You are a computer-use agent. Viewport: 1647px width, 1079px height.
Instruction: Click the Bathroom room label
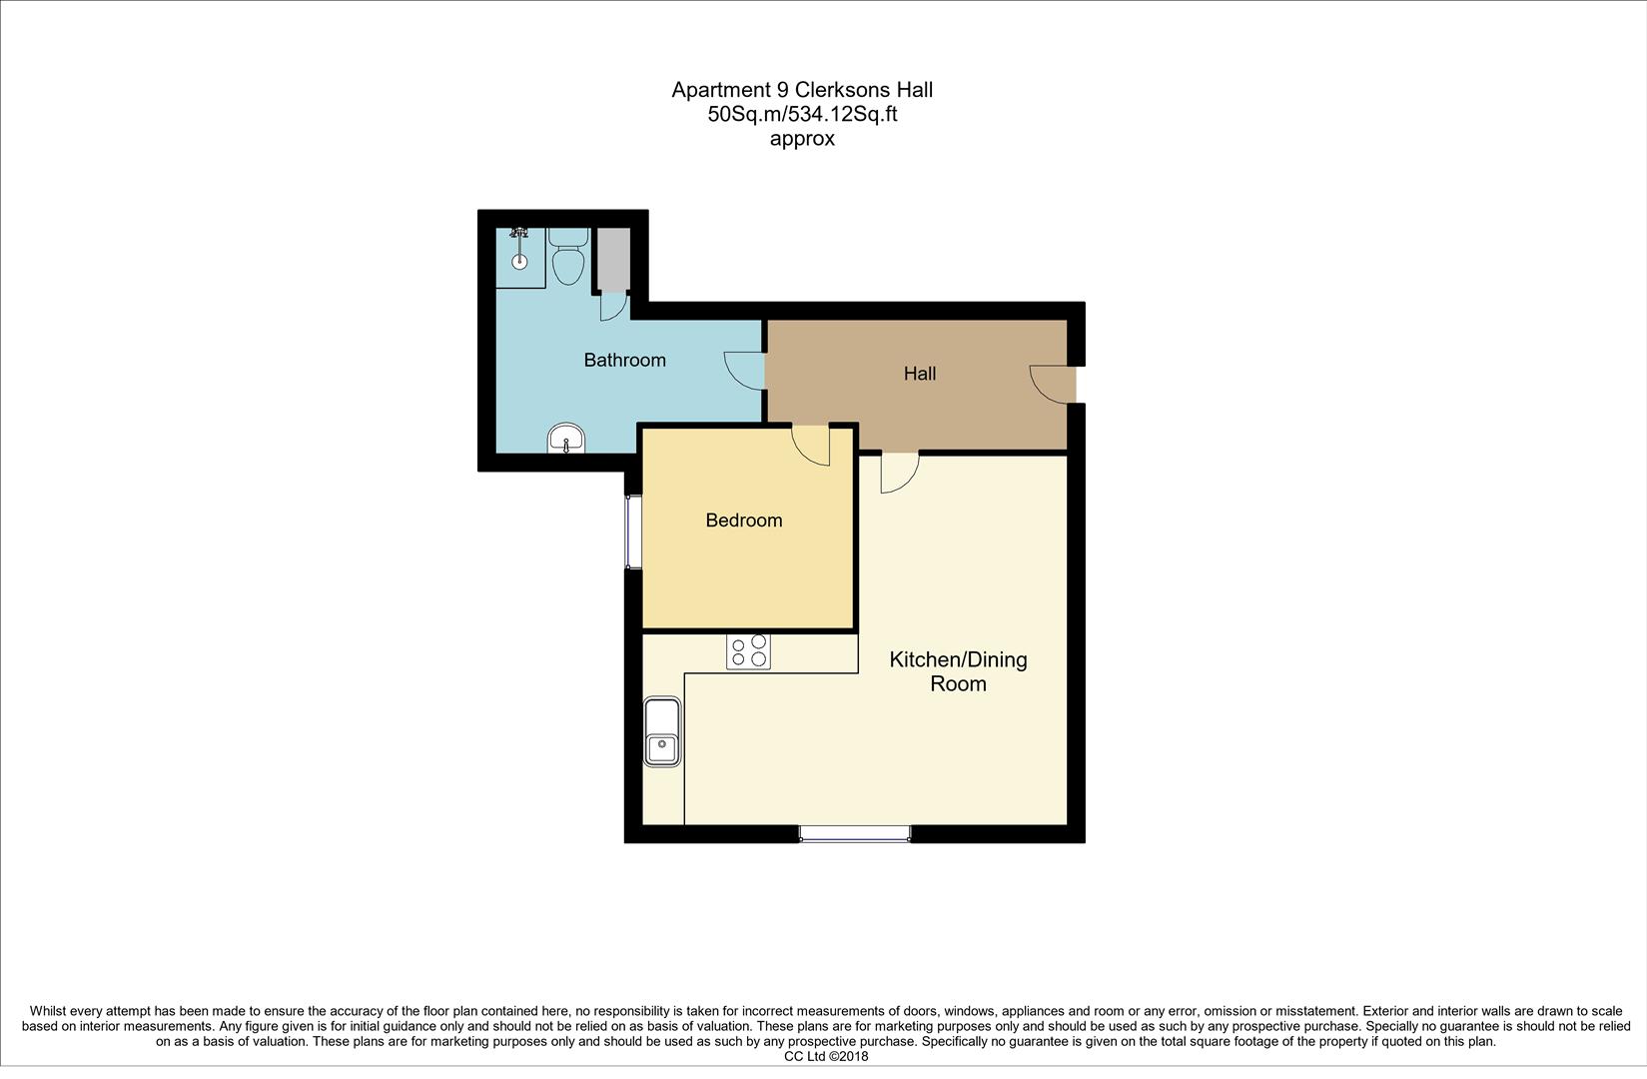pyautogui.click(x=624, y=360)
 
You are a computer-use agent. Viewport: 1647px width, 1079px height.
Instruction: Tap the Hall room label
pyautogui.click(x=919, y=374)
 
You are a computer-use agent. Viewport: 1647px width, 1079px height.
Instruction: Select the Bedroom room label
pyautogui.click(x=743, y=521)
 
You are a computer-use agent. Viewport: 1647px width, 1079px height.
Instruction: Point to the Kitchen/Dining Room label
pyautogui.click(x=958, y=671)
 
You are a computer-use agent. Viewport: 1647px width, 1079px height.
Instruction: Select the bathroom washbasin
pyautogui.click(x=566, y=438)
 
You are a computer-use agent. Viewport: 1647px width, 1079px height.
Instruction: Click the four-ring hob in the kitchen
pyautogui.click(x=748, y=651)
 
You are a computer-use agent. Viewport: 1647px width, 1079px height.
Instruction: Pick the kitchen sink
pyautogui.click(x=662, y=732)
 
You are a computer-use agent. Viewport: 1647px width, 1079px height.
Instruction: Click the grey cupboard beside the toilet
pyautogui.click(x=613, y=259)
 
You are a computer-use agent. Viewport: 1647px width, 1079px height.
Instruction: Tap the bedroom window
pyautogui.click(x=632, y=531)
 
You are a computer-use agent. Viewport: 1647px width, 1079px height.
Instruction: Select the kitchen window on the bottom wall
pyautogui.click(x=854, y=833)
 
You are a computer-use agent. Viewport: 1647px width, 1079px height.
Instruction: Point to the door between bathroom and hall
pyautogui.click(x=745, y=370)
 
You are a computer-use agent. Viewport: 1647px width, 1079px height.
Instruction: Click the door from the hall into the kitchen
pyautogui.click(x=899, y=471)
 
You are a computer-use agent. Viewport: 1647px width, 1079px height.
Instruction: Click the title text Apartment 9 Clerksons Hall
pyautogui.click(x=802, y=90)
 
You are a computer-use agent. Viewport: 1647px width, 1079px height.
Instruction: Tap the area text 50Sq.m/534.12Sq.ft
pyautogui.click(x=802, y=114)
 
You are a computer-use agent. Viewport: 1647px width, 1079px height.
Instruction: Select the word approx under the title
pyautogui.click(x=802, y=139)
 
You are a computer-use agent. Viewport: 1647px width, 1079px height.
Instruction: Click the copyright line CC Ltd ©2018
pyautogui.click(x=826, y=1056)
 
